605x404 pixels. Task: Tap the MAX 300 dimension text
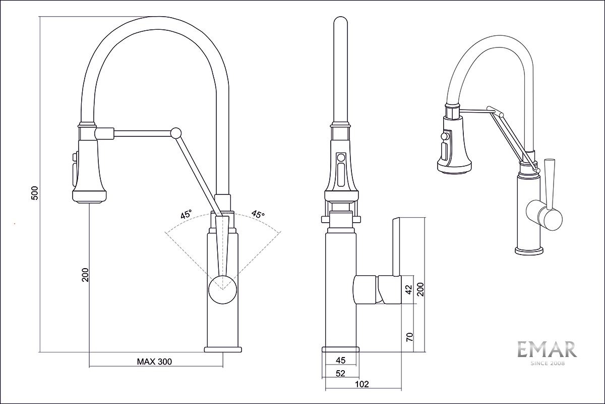tap(154, 362)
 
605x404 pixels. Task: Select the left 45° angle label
tap(186, 215)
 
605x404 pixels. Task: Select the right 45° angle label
tap(258, 215)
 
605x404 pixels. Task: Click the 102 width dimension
tap(362, 384)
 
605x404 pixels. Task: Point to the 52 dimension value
tap(340, 373)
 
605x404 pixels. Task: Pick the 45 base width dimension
tap(340, 360)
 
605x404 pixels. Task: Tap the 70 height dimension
tap(409, 337)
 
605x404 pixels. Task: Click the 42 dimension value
tap(409, 289)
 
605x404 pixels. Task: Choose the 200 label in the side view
tap(420, 289)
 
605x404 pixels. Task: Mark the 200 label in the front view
tap(85, 274)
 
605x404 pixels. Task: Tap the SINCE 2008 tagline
tap(548, 363)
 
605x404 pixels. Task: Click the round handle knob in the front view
tap(222, 290)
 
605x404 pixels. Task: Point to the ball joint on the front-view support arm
tap(175, 133)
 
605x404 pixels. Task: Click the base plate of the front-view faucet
tap(224, 349)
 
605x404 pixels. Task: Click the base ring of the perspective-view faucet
tap(529, 250)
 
